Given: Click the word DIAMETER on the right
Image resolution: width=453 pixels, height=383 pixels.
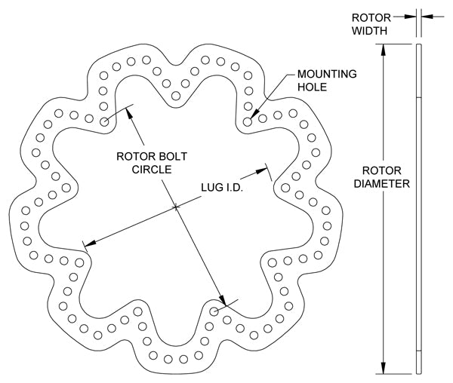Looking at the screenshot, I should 385,183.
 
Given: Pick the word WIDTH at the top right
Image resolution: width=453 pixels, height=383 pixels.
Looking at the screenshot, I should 370,32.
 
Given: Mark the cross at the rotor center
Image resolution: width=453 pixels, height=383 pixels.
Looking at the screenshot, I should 175,207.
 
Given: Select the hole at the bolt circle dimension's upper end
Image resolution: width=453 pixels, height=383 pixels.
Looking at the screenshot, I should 103,121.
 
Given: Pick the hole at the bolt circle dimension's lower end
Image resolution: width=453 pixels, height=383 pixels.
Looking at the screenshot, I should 214,310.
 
